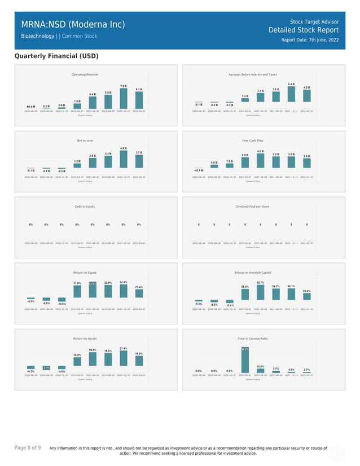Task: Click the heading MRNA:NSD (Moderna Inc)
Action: [x=73, y=25]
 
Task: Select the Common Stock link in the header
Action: [x=79, y=36]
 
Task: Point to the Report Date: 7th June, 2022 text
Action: [x=310, y=40]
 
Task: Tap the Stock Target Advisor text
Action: [x=314, y=21]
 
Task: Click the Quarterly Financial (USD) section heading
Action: [x=56, y=56]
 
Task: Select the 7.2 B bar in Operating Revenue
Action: [x=124, y=98]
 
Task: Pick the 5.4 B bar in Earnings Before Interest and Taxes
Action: [x=291, y=94]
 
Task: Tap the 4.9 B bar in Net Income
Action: [x=124, y=159]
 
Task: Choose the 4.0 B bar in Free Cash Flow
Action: [x=261, y=161]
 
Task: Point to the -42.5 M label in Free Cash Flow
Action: [x=199, y=170]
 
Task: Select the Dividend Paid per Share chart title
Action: [x=252, y=206]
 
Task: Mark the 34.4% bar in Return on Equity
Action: [x=124, y=291]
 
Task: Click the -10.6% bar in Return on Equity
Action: [x=62, y=300]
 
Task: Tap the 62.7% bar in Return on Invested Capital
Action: [x=261, y=292]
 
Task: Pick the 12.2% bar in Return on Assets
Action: [x=77, y=363]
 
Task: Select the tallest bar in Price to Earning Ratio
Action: [x=245, y=359]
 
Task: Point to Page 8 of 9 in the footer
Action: [x=28, y=448]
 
